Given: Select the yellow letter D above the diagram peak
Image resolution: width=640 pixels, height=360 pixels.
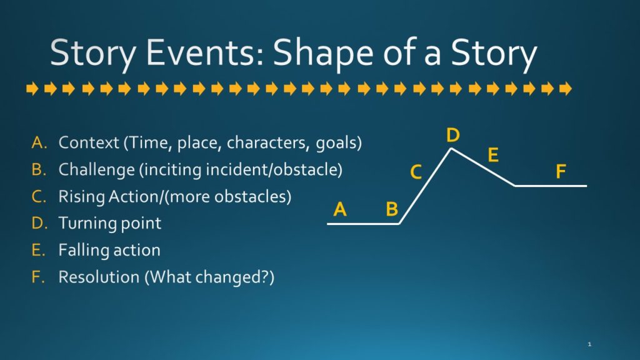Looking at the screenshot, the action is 452,135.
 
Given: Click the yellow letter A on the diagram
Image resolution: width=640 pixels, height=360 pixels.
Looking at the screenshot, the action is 340,209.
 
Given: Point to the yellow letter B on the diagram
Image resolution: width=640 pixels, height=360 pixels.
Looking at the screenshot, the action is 392,209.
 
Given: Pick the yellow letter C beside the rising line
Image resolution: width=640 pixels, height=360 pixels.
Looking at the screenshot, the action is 416,172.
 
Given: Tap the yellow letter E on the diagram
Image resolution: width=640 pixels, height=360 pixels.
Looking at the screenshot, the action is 493,155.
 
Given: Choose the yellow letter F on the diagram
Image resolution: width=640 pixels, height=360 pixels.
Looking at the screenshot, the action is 561,171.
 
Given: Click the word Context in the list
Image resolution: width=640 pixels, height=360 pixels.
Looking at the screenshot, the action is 89,142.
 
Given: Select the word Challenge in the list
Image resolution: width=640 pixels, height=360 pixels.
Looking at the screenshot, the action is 97,170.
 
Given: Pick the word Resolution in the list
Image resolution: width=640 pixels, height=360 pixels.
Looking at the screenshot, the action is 99,277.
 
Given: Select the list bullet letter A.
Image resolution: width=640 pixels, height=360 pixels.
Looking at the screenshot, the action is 39,142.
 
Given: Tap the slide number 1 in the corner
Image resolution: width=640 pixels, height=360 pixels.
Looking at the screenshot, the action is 589,344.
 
